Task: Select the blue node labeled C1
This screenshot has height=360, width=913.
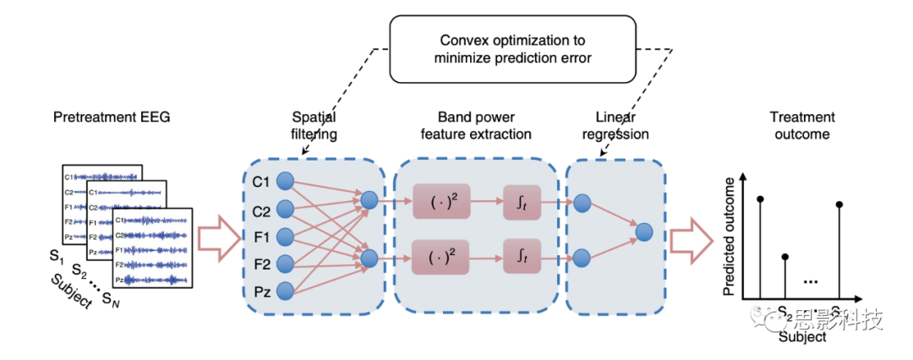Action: (x=285, y=180)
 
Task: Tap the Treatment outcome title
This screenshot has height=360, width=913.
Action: (x=802, y=128)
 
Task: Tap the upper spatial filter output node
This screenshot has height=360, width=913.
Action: (x=369, y=201)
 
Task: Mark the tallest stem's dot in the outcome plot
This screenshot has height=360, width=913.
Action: (x=761, y=199)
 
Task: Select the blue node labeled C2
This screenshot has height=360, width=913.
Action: (x=285, y=208)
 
